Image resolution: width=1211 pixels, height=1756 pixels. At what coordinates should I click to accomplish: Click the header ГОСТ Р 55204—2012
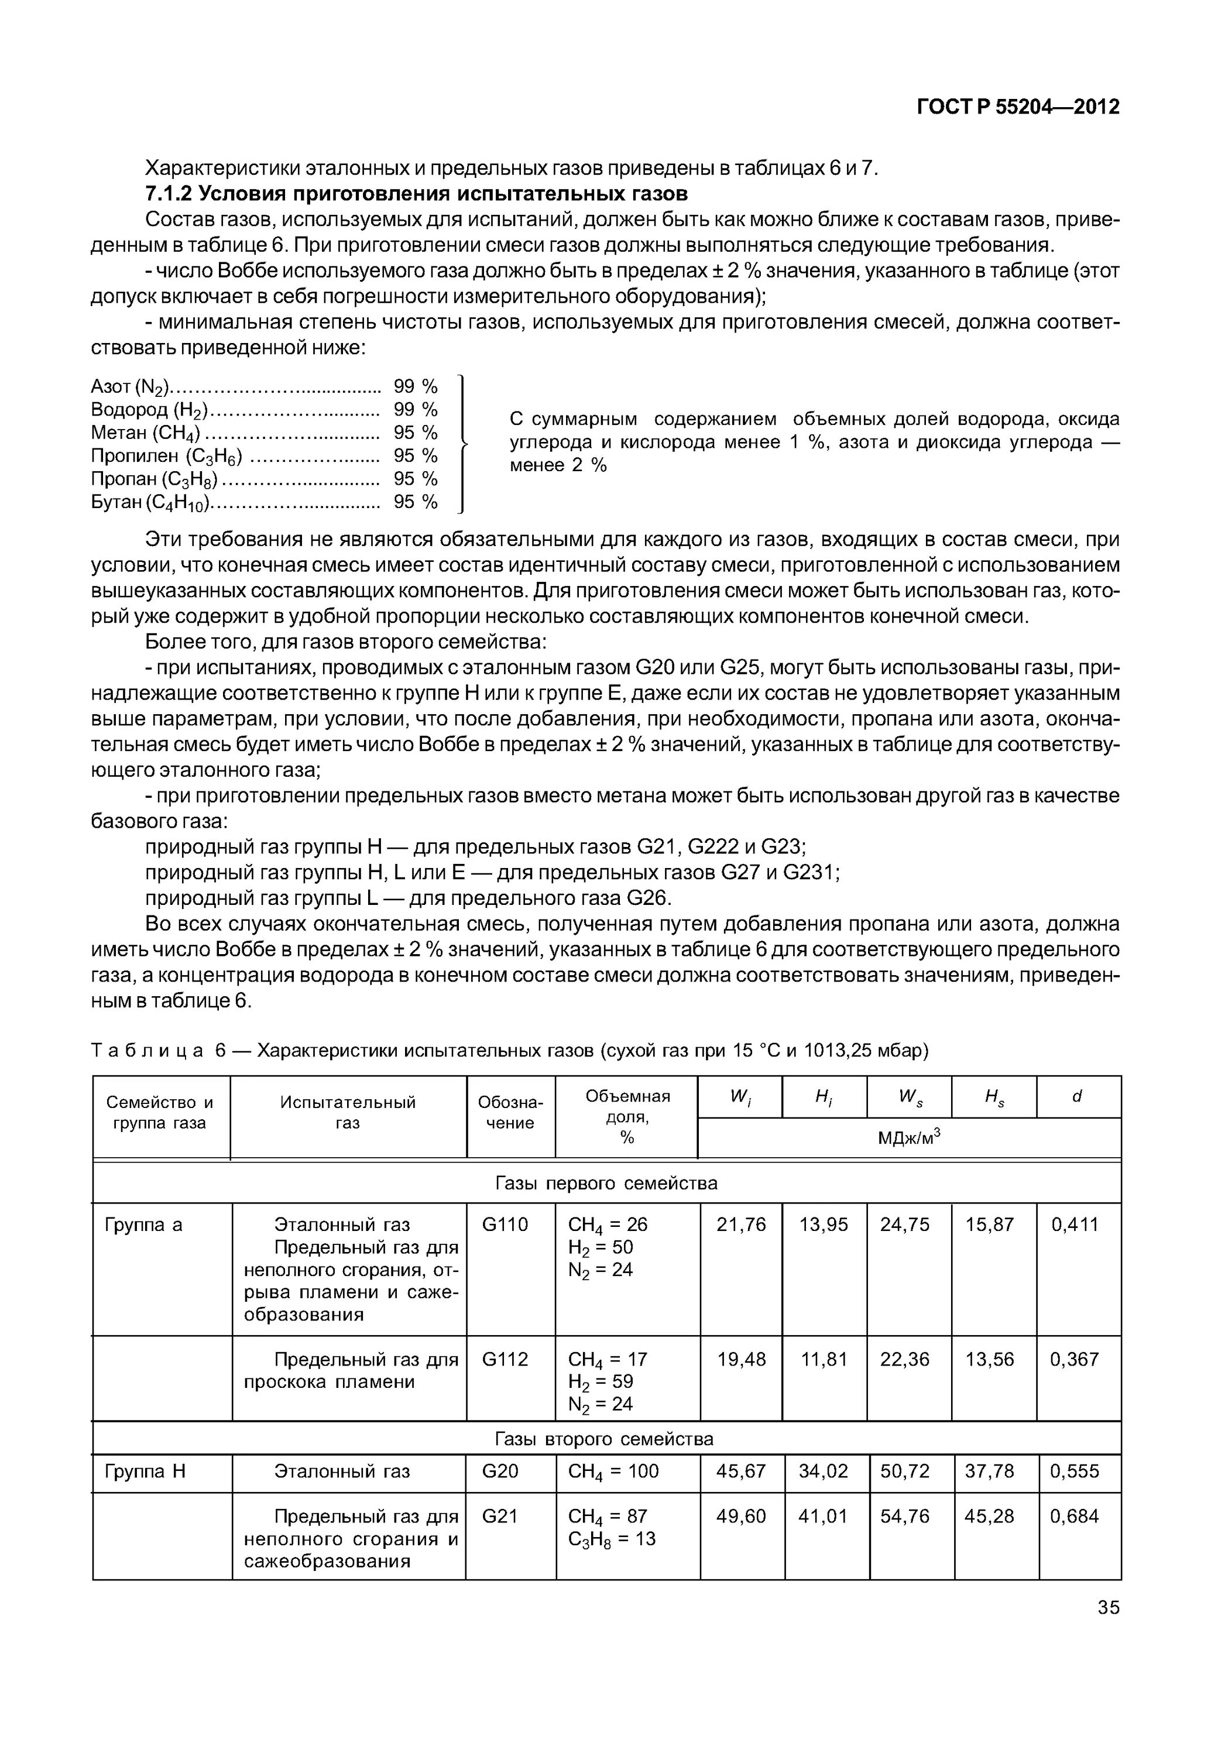pos(1018,107)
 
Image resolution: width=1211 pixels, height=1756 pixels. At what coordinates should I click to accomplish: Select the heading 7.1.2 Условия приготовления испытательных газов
pos(417,194)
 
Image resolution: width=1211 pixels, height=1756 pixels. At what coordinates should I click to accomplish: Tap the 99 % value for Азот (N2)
pos(415,386)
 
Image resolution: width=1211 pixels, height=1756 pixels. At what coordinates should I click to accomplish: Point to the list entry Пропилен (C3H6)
pos(166,455)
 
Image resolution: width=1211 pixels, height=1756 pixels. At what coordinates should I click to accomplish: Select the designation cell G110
pos(505,1224)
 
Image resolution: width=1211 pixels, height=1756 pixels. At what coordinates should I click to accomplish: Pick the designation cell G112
pos(505,1359)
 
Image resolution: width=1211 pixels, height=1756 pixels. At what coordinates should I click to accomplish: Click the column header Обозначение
pos(510,1113)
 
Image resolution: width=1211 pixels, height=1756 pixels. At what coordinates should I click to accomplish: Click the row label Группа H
pos(144,1471)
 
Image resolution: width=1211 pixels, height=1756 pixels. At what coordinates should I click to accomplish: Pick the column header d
pos(1077,1096)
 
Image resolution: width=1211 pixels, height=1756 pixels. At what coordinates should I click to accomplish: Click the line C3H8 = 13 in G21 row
pos(612,1538)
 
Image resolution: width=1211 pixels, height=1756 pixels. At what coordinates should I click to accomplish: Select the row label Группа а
pos(143,1224)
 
